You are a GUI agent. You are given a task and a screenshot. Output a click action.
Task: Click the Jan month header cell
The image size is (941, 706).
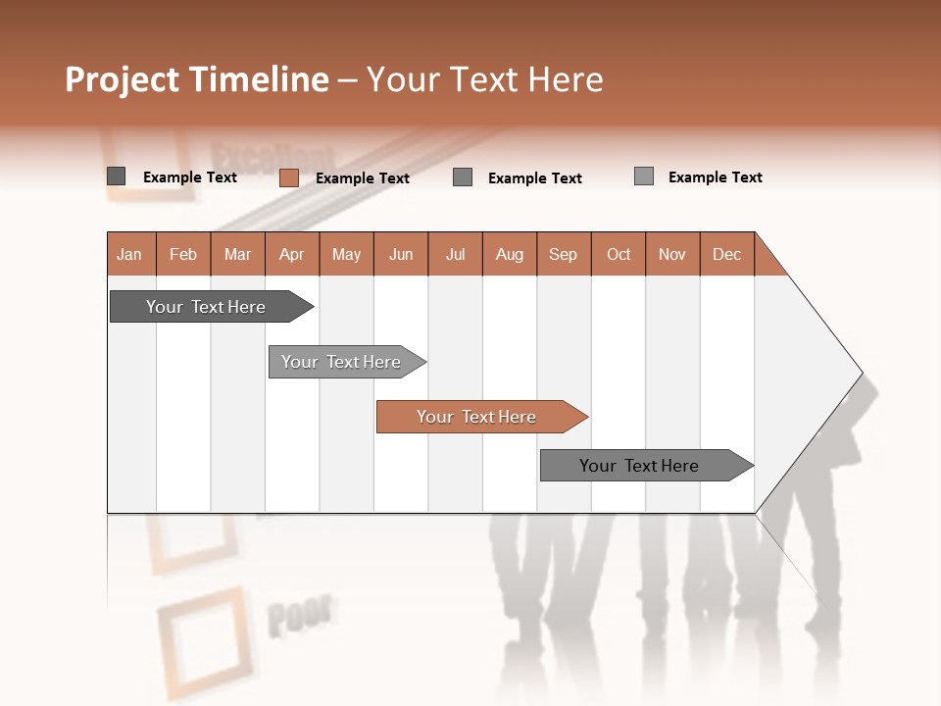pos(130,254)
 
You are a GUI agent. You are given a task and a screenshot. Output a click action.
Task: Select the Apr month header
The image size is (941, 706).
pos(292,254)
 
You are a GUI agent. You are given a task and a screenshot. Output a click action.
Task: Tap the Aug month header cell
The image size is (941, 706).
pos(510,254)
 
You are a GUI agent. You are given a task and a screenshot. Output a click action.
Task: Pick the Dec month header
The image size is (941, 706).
pos(727,254)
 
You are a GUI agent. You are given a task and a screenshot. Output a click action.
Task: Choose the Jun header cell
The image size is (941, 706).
pos(401,254)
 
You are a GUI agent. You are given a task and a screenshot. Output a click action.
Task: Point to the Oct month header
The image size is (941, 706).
pos(619,254)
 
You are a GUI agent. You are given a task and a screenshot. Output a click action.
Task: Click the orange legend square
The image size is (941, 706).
pos(289,177)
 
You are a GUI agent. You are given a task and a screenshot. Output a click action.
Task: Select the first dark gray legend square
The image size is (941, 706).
pos(117,176)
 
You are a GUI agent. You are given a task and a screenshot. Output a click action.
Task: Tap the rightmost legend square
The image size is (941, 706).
pos(644,176)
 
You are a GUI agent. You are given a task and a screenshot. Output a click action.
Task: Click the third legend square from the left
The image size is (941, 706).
pos(463,177)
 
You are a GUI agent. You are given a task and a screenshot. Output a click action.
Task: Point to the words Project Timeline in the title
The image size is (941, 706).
pos(197,79)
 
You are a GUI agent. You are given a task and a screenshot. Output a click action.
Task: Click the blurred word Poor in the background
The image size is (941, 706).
pos(300,616)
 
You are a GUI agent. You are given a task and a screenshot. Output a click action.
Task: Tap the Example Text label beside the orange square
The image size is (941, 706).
pos(363,178)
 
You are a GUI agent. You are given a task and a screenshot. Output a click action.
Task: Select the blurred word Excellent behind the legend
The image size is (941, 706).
pos(272,157)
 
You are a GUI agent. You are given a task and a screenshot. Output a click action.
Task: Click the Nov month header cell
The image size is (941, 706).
pos(672,254)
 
